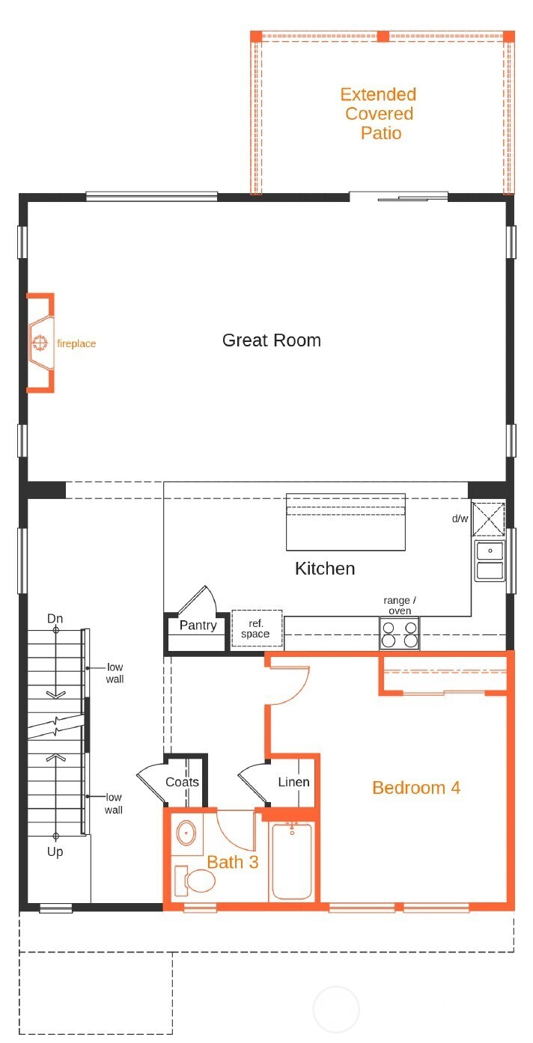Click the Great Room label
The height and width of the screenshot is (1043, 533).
point(271,340)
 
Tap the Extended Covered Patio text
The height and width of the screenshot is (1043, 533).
point(378,114)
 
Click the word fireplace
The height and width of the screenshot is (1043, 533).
point(76,344)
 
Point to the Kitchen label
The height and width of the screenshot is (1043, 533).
point(325,569)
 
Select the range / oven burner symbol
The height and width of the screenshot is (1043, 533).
point(399,634)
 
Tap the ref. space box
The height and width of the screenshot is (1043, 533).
point(256,629)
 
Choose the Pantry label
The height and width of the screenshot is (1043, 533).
point(198,626)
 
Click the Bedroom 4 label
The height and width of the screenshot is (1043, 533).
point(415,788)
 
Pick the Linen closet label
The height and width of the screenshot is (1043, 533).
point(293,782)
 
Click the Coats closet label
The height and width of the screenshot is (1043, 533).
point(182,782)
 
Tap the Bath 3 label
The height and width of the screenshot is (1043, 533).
point(233,862)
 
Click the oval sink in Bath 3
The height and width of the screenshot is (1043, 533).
point(186,833)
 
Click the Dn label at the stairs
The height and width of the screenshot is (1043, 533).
point(55,619)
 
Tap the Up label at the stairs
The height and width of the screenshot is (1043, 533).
point(55,851)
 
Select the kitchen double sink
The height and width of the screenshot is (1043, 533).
point(490,561)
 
